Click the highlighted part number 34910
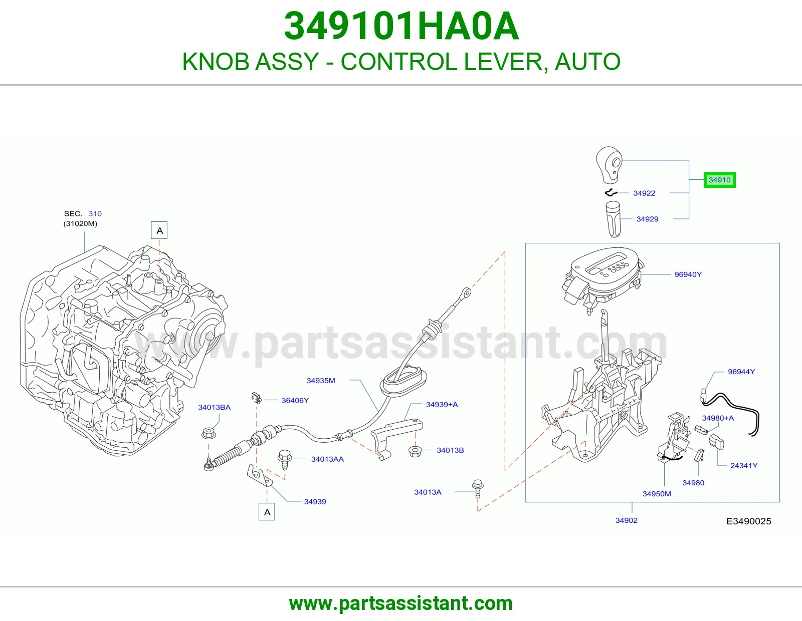click(719, 180)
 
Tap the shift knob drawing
click(609, 165)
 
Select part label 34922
click(644, 193)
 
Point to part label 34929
click(647, 219)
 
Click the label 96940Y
click(688, 274)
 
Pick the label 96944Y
click(741, 372)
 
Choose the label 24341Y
click(744, 466)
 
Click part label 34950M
click(657, 494)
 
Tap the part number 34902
click(627, 520)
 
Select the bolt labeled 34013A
click(478, 489)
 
